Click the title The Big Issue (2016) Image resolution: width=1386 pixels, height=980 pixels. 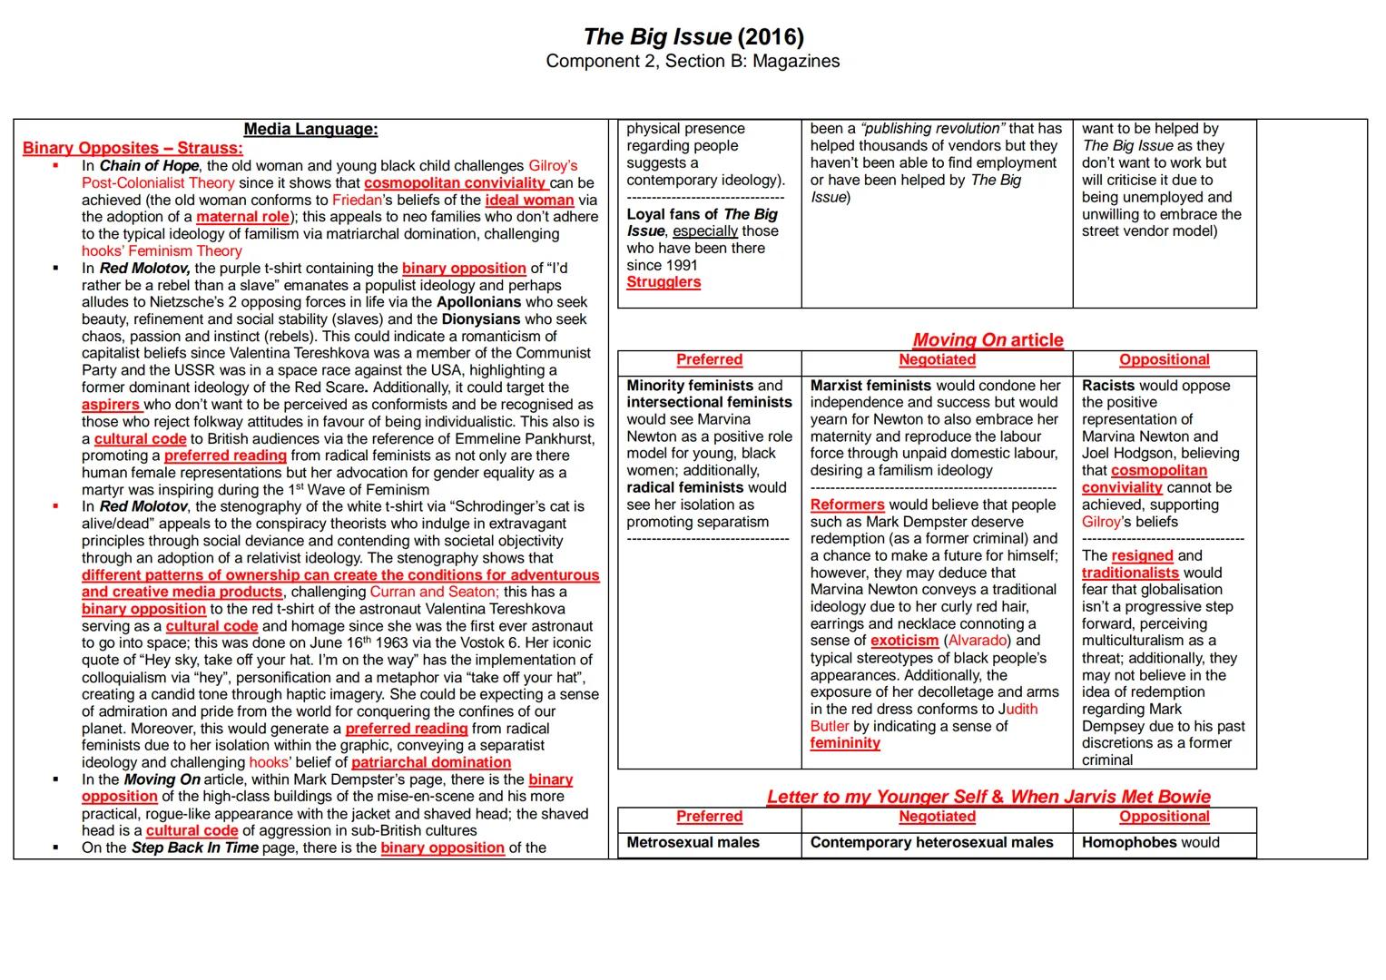[693, 37]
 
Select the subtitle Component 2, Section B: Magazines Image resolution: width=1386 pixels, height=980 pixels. [693, 61]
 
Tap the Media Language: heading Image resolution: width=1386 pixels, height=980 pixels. [310, 129]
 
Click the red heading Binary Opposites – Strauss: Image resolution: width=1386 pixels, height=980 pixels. [133, 148]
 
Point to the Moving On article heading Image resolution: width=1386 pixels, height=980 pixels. [988, 339]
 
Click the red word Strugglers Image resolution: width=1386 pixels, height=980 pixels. [664, 282]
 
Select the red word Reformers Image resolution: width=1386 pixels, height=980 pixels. [847, 505]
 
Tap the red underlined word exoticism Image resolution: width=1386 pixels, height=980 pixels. [904, 641]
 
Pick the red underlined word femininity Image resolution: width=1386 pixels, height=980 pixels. [845, 743]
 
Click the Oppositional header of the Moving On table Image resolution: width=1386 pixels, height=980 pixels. [1164, 360]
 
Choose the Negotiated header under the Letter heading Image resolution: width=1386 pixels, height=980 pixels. [937, 817]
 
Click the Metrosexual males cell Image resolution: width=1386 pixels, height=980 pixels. [693, 843]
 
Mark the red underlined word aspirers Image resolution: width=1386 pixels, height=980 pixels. [111, 405]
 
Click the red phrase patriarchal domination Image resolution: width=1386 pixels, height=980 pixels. [431, 763]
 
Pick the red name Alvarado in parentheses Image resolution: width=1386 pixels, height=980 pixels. [976, 641]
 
